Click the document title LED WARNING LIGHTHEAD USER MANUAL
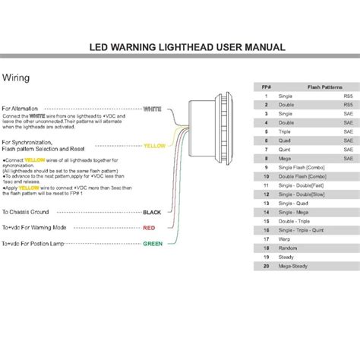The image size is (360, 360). (188, 46)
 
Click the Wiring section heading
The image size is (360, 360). (17, 77)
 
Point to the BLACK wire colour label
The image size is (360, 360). (153, 212)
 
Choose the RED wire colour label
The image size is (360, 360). (150, 227)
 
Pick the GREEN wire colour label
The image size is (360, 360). (153, 244)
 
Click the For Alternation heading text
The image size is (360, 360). (21, 109)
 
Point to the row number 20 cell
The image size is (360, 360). (266, 267)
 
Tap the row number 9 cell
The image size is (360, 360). (266, 166)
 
